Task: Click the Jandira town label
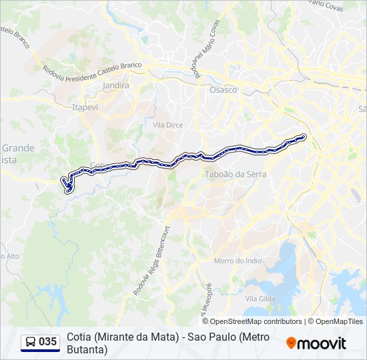click(116, 86)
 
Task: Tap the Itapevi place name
click(85, 106)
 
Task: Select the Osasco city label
click(223, 90)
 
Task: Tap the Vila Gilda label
click(260, 299)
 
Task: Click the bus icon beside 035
click(31, 342)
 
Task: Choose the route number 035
click(48, 342)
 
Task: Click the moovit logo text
click(322, 343)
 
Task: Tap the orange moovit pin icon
click(291, 343)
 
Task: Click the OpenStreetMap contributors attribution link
click(256, 321)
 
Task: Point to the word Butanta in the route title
click(87, 349)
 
